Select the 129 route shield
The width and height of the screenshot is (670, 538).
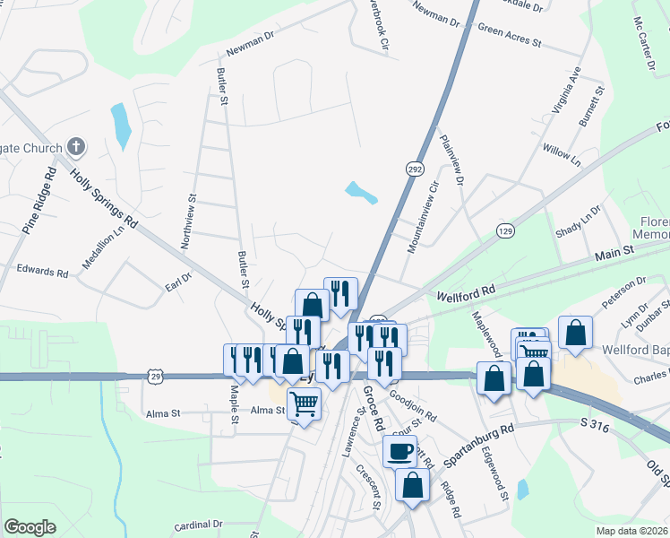(506, 231)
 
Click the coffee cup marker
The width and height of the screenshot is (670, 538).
(400, 450)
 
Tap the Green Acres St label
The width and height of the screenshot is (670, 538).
(511, 35)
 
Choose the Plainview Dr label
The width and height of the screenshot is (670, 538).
(452, 161)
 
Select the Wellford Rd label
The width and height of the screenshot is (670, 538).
(466, 293)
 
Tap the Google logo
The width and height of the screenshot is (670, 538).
(30, 526)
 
